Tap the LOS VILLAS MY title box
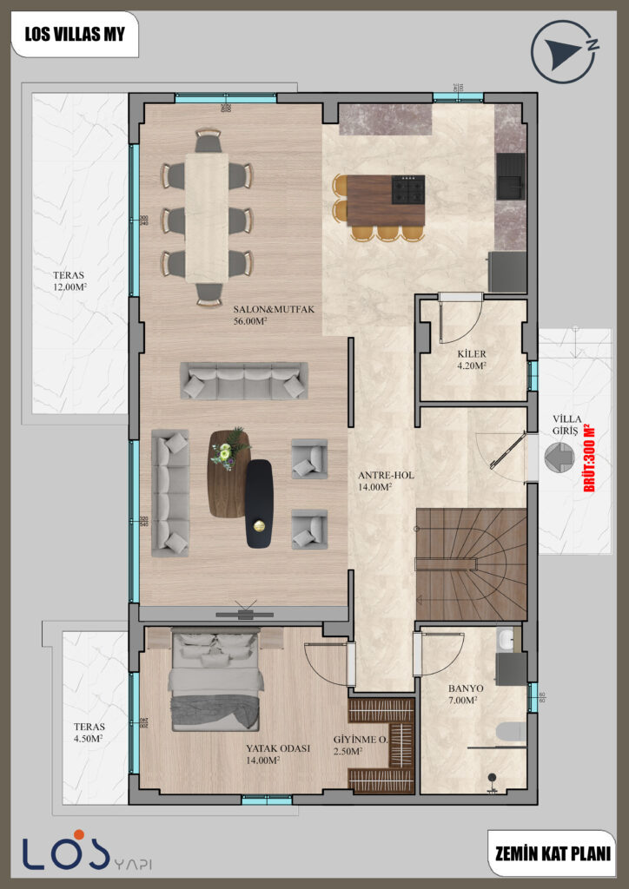pyautogui.click(x=74, y=35)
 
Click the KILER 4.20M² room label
pyautogui.click(x=472, y=360)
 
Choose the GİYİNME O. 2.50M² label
pyautogui.click(x=359, y=746)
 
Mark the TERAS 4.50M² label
pyautogui.click(x=89, y=733)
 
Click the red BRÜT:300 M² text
pyautogui.click(x=589, y=458)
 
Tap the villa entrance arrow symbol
pyautogui.click(x=557, y=457)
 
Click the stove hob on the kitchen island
pyautogui.click(x=408, y=189)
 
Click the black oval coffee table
pyautogui.click(x=259, y=504)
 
